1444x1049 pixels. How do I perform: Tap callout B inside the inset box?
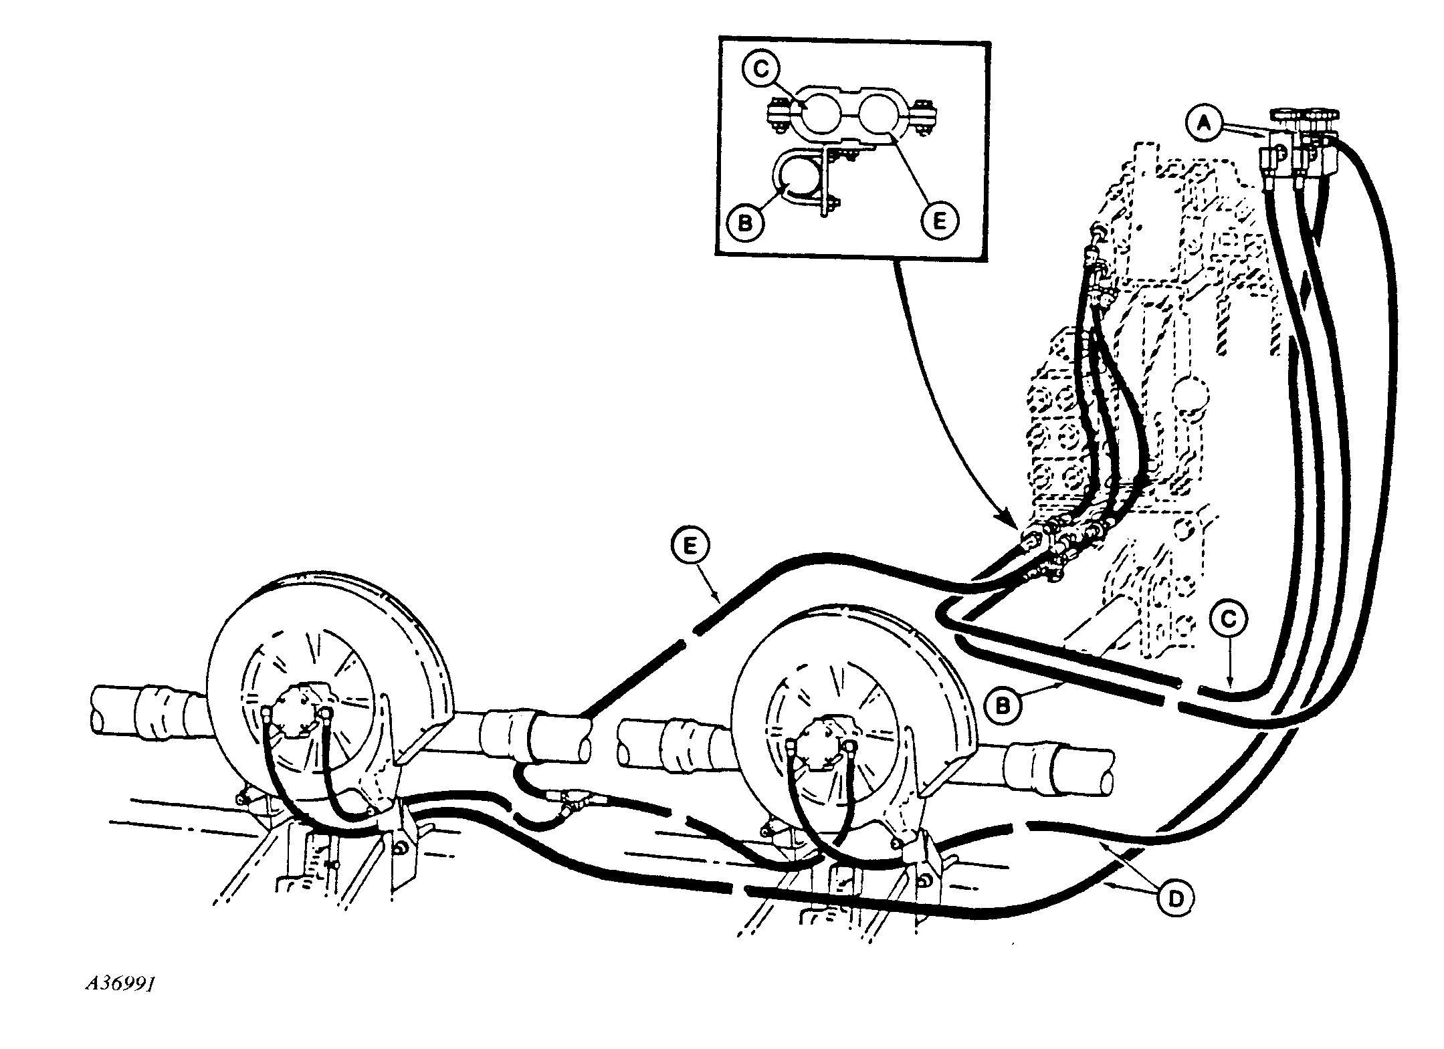[744, 223]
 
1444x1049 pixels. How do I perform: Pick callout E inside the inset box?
[938, 221]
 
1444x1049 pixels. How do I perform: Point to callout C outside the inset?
[1228, 618]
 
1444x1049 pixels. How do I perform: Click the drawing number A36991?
[120, 985]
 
